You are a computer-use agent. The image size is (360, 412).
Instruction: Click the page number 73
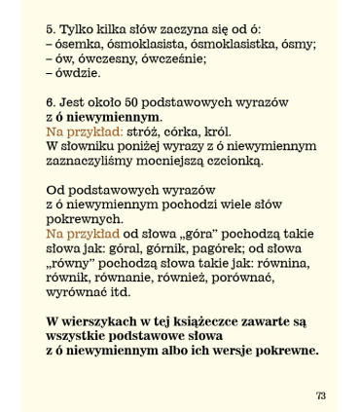pyautogui.click(x=320, y=394)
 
